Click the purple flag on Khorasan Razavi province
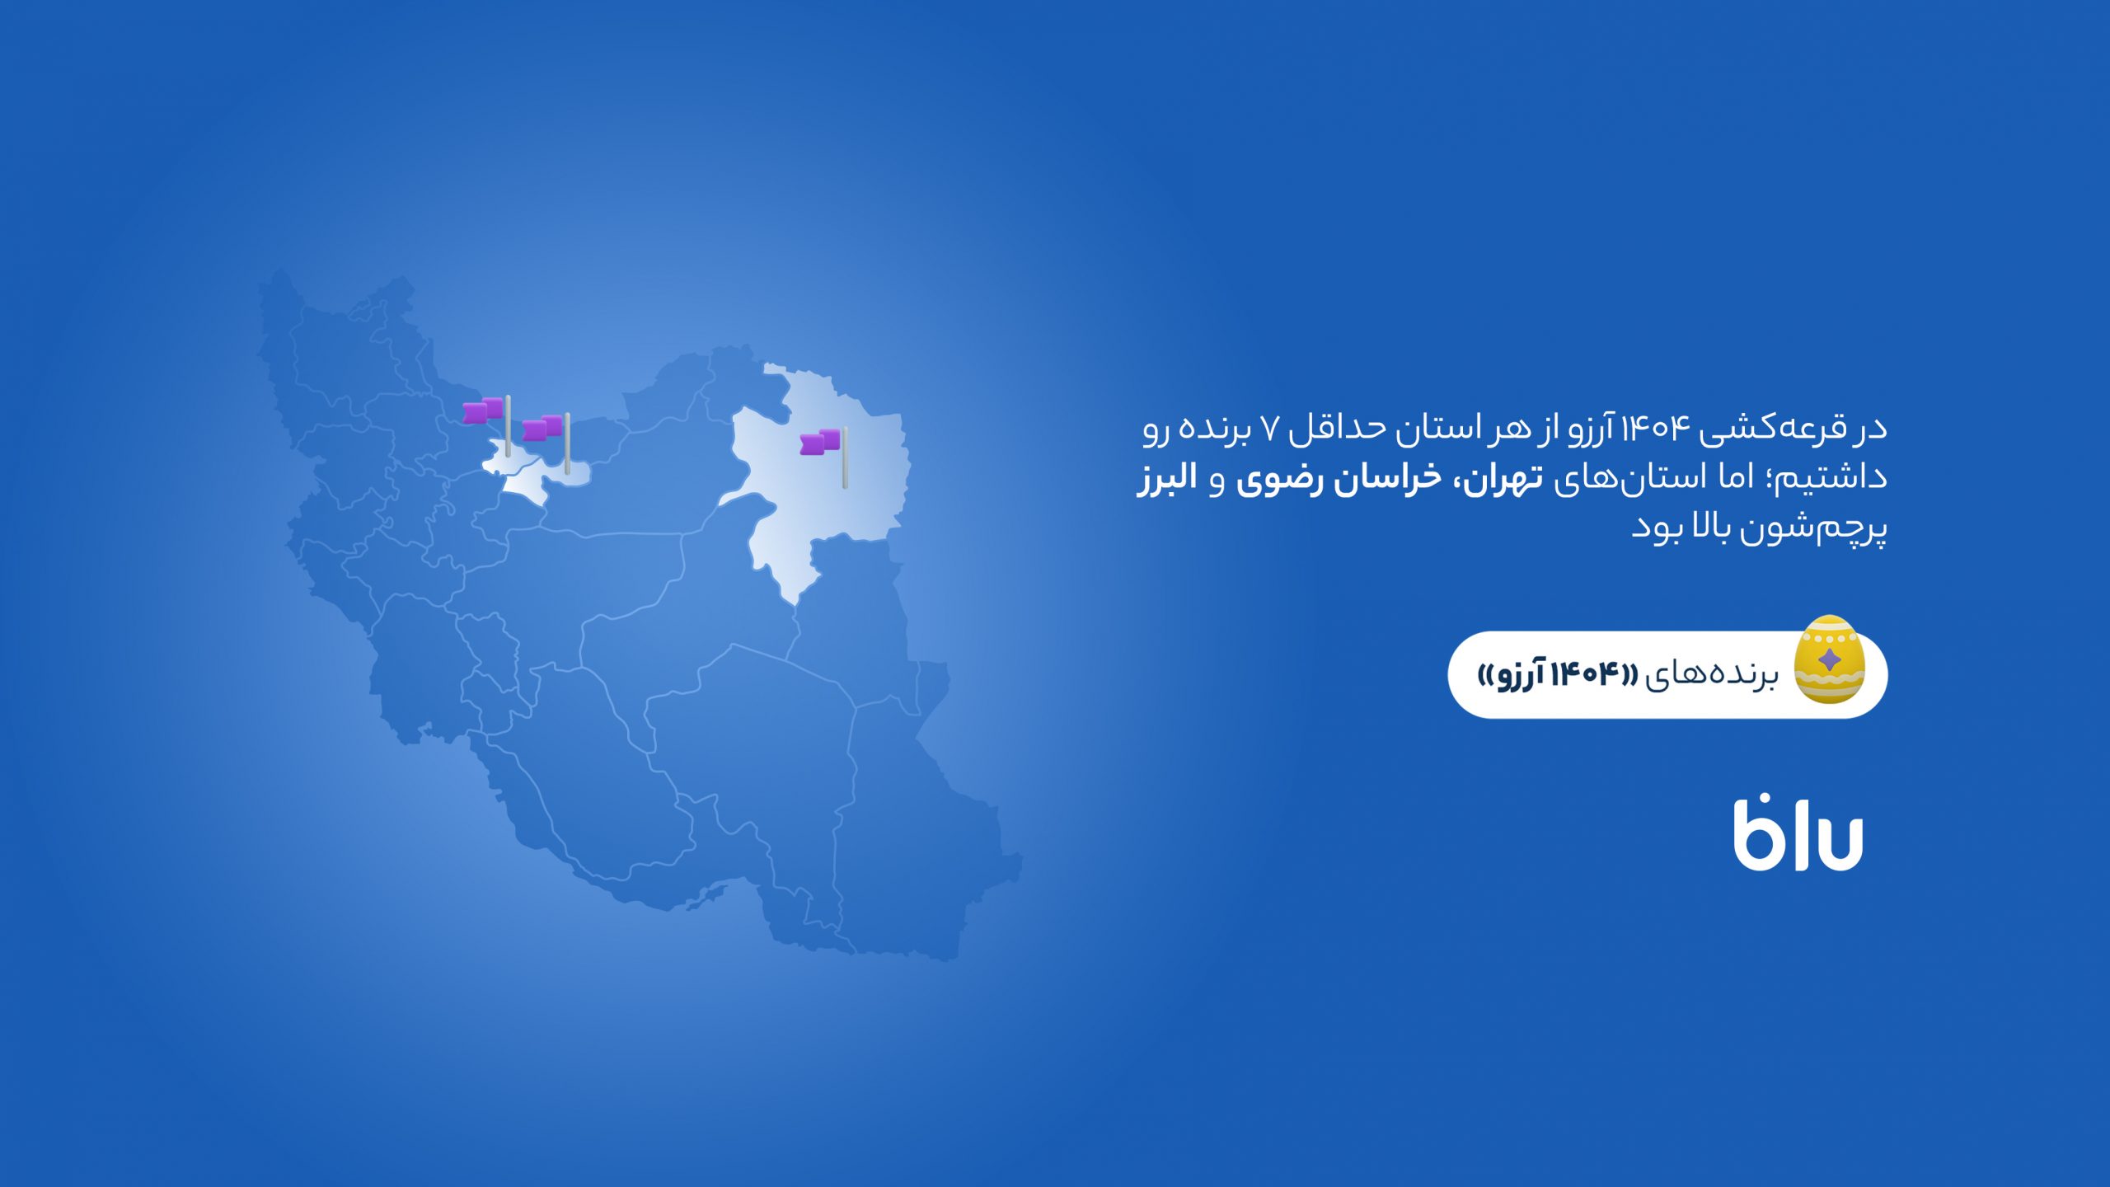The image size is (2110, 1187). pos(819,442)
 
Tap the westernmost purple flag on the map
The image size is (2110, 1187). pos(482,411)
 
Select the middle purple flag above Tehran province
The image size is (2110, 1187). pos(542,428)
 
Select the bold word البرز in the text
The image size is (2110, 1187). pos(1166,479)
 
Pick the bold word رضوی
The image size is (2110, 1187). pos(1273,481)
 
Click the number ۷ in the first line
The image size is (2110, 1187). pos(1270,429)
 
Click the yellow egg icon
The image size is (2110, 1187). pos(1828,659)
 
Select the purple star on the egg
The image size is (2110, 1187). pos(1828,659)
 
